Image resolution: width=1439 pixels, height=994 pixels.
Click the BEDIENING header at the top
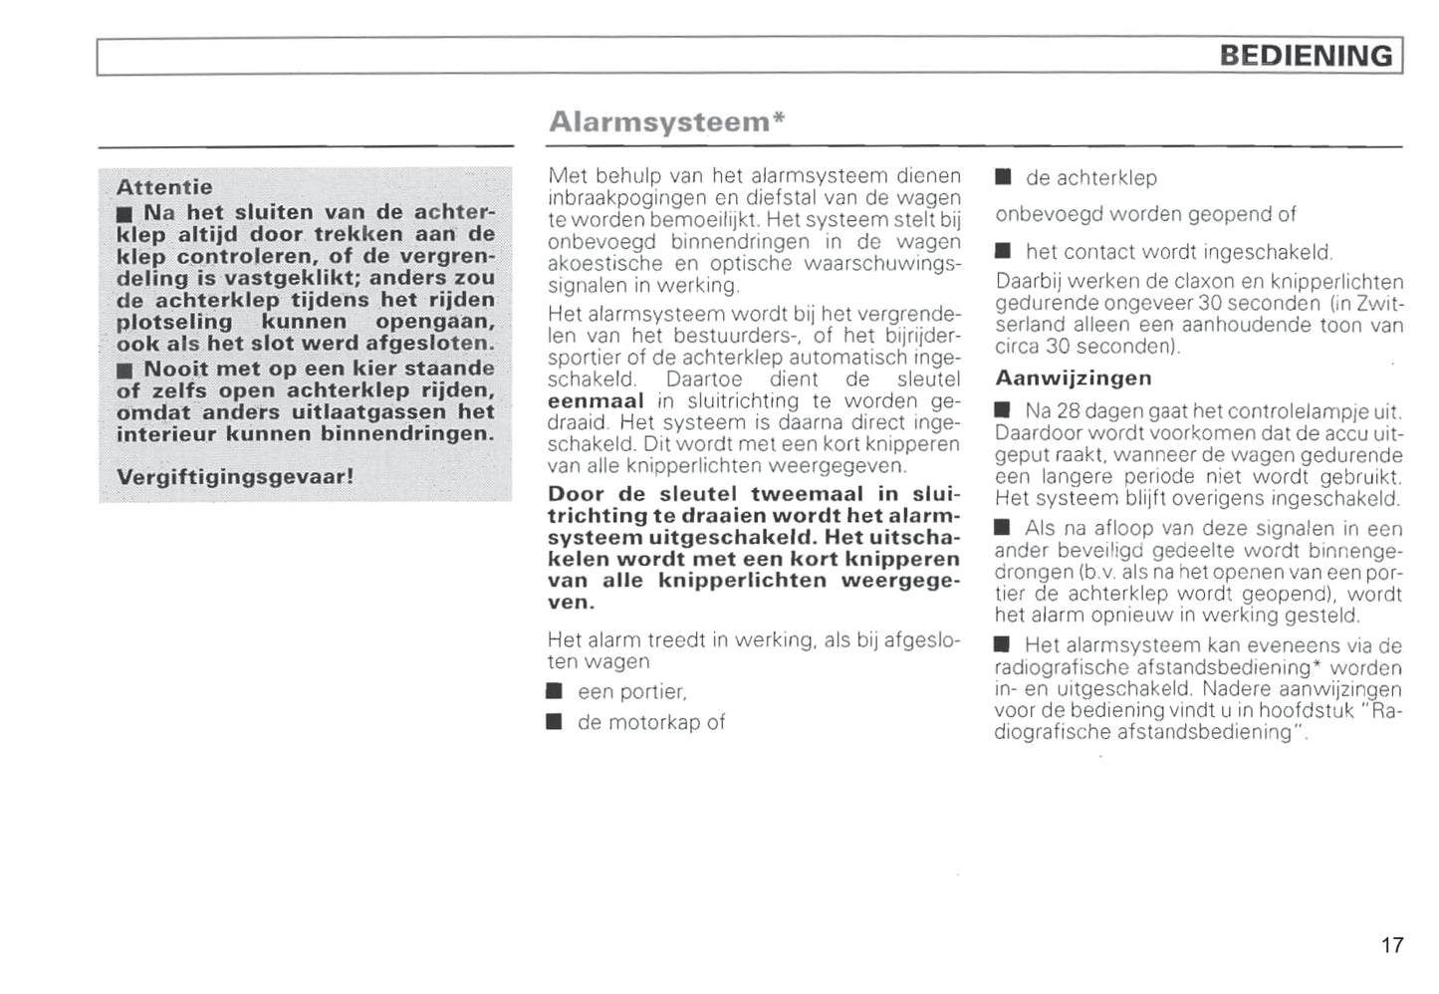pyautogui.click(x=1306, y=55)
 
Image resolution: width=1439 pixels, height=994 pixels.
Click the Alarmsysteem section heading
pyautogui.click(x=658, y=122)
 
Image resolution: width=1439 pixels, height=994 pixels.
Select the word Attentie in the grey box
pyautogui.click(x=164, y=187)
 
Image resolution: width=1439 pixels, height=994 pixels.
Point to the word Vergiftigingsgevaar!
pyautogui.click(x=235, y=476)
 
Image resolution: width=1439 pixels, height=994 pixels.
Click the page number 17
pyautogui.click(x=1391, y=945)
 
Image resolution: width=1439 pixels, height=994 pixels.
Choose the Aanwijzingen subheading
pyautogui.click(x=1073, y=378)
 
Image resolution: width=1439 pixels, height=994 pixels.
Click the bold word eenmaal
pyautogui.click(x=596, y=401)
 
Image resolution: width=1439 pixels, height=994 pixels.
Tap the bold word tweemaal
pyautogui.click(x=807, y=494)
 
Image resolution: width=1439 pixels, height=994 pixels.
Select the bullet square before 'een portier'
pyautogui.click(x=555, y=691)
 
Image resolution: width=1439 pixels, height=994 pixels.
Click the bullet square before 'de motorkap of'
pyautogui.click(x=555, y=722)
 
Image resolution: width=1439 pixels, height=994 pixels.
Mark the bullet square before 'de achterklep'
pyautogui.click(x=1003, y=177)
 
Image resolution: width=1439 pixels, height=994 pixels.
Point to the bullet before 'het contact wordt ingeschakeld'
pyautogui.click(x=1003, y=251)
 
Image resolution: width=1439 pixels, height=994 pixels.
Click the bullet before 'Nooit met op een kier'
pyautogui.click(x=124, y=371)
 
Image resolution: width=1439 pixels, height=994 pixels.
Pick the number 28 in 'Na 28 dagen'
pyautogui.click(x=1068, y=411)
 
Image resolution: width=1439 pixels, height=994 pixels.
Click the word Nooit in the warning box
pyautogui.click(x=175, y=369)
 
